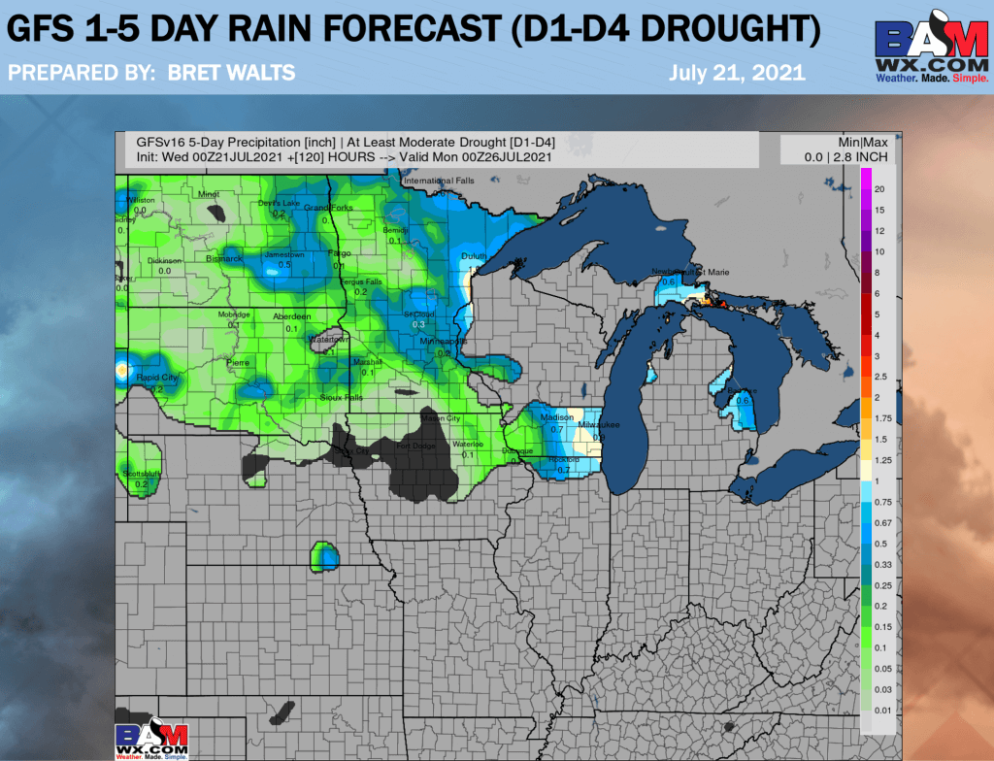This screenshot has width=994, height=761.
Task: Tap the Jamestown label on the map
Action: click(284, 254)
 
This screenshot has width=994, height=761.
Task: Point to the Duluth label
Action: click(473, 255)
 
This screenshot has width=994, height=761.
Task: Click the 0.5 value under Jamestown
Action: click(285, 265)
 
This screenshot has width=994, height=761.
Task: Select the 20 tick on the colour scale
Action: click(878, 188)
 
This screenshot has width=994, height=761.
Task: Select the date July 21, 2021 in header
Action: click(737, 73)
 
